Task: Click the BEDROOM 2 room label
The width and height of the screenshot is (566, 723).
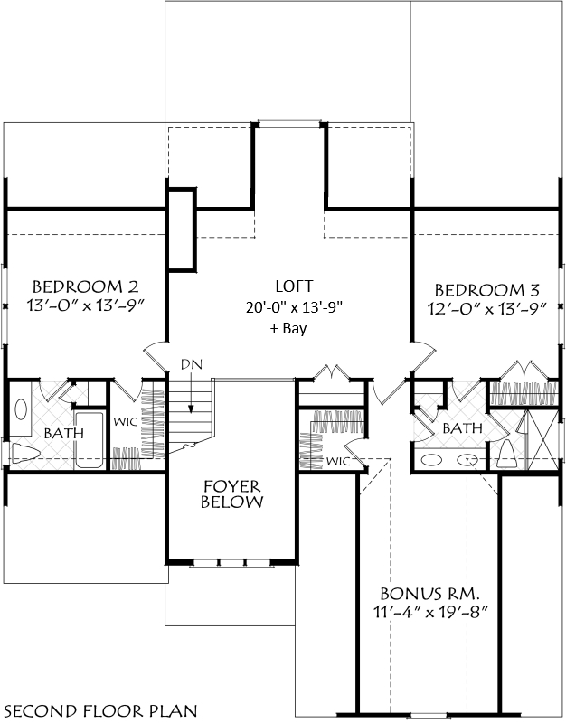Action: coord(85,286)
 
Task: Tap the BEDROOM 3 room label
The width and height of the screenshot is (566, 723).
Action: coord(487,290)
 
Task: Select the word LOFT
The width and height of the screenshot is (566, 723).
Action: coord(294,286)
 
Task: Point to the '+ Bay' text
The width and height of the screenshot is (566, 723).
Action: coord(288,328)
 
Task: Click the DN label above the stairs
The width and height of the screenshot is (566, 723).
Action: coord(191,364)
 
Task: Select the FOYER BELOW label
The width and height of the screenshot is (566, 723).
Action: coord(232,493)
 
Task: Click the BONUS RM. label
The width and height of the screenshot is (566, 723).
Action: coord(430,593)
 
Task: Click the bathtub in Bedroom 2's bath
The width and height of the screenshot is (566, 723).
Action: coord(90,440)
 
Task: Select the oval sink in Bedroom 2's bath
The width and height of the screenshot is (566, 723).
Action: coord(21,409)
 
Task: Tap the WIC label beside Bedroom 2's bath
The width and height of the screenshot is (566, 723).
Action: coord(126,421)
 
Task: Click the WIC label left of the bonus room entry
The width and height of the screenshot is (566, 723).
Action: coord(338,461)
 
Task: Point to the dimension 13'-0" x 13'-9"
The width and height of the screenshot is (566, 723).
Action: coord(85,305)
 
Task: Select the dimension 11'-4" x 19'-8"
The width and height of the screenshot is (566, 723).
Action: coord(430,613)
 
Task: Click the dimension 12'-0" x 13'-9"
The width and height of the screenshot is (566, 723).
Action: coord(486,308)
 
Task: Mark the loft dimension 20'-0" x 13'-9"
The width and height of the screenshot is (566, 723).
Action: coord(295,307)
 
